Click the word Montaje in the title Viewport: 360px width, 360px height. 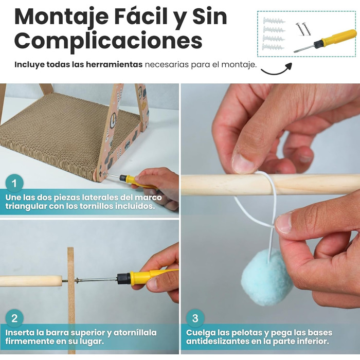[62, 17]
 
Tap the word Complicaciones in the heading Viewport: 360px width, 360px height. [109, 42]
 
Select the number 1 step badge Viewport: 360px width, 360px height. [14, 183]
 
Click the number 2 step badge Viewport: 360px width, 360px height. [14, 318]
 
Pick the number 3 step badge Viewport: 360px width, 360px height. [195, 318]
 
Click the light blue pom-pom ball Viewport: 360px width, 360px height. [267, 277]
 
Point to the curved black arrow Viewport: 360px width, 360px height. [277, 70]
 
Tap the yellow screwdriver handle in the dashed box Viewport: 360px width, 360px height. [339, 37]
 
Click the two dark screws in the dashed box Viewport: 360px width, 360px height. [303, 29]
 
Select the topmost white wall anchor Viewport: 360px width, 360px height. [274, 21]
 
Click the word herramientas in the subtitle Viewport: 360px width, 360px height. [114, 64]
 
